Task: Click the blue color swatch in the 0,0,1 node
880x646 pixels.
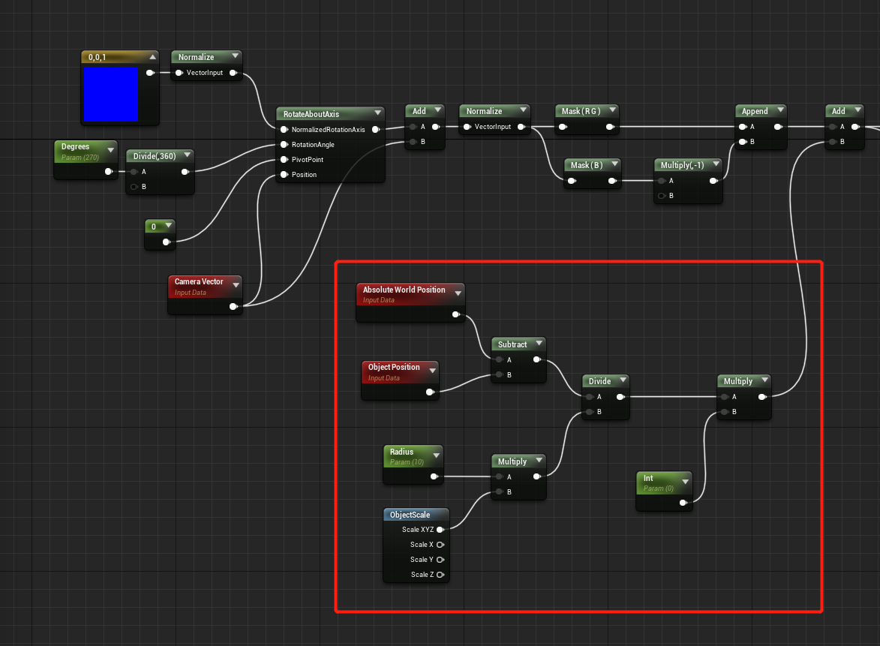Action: pos(110,94)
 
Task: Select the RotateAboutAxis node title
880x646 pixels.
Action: pos(311,114)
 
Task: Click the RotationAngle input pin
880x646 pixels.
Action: pos(284,145)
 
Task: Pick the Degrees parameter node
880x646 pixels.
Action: pos(76,147)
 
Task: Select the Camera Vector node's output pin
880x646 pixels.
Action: pos(234,306)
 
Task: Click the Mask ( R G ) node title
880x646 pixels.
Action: pos(580,111)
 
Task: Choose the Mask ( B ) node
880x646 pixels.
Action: pos(586,164)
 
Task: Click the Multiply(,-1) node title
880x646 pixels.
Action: pos(682,164)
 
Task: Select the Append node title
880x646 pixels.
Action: pos(755,111)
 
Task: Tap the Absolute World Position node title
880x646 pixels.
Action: pos(404,290)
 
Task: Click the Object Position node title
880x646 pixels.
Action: pos(394,367)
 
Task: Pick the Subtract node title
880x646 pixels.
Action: pos(512,344)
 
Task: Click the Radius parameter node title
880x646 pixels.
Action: pos(401,452)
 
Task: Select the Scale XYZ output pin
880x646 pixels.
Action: pos(440,530)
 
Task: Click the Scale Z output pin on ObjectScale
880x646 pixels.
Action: pos(440,575)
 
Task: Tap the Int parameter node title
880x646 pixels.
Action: pos(648,478)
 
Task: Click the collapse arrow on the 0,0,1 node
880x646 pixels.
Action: pos(153,57)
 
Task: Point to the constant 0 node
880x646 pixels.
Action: pos(154,226)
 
